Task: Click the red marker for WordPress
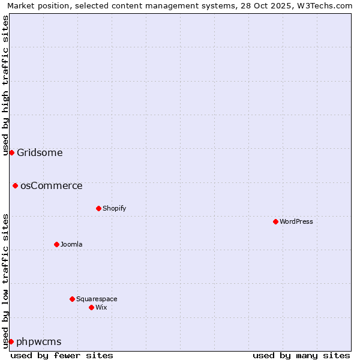click(275, 221)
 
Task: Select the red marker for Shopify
click(98, 208)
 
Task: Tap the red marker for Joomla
click(56, 244)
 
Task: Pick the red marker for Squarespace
click(72, 299)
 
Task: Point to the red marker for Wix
click(91, 307)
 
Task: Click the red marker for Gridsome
click(11, 152)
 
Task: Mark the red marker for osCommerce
click(15, 185)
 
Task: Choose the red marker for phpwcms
click(11, 341)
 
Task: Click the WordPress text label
click(296, 221)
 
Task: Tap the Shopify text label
click(114, 208)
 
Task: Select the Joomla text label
click(71, 244)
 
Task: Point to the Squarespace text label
click(97, 299)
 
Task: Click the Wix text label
click(101, 307)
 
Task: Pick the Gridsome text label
click(40, 152)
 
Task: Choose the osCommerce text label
click(52, 185)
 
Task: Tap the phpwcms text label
click(39, 341)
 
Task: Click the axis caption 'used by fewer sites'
click(62, 355)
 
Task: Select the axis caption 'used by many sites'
click(301, 355)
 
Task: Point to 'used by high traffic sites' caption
click(5, 85)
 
